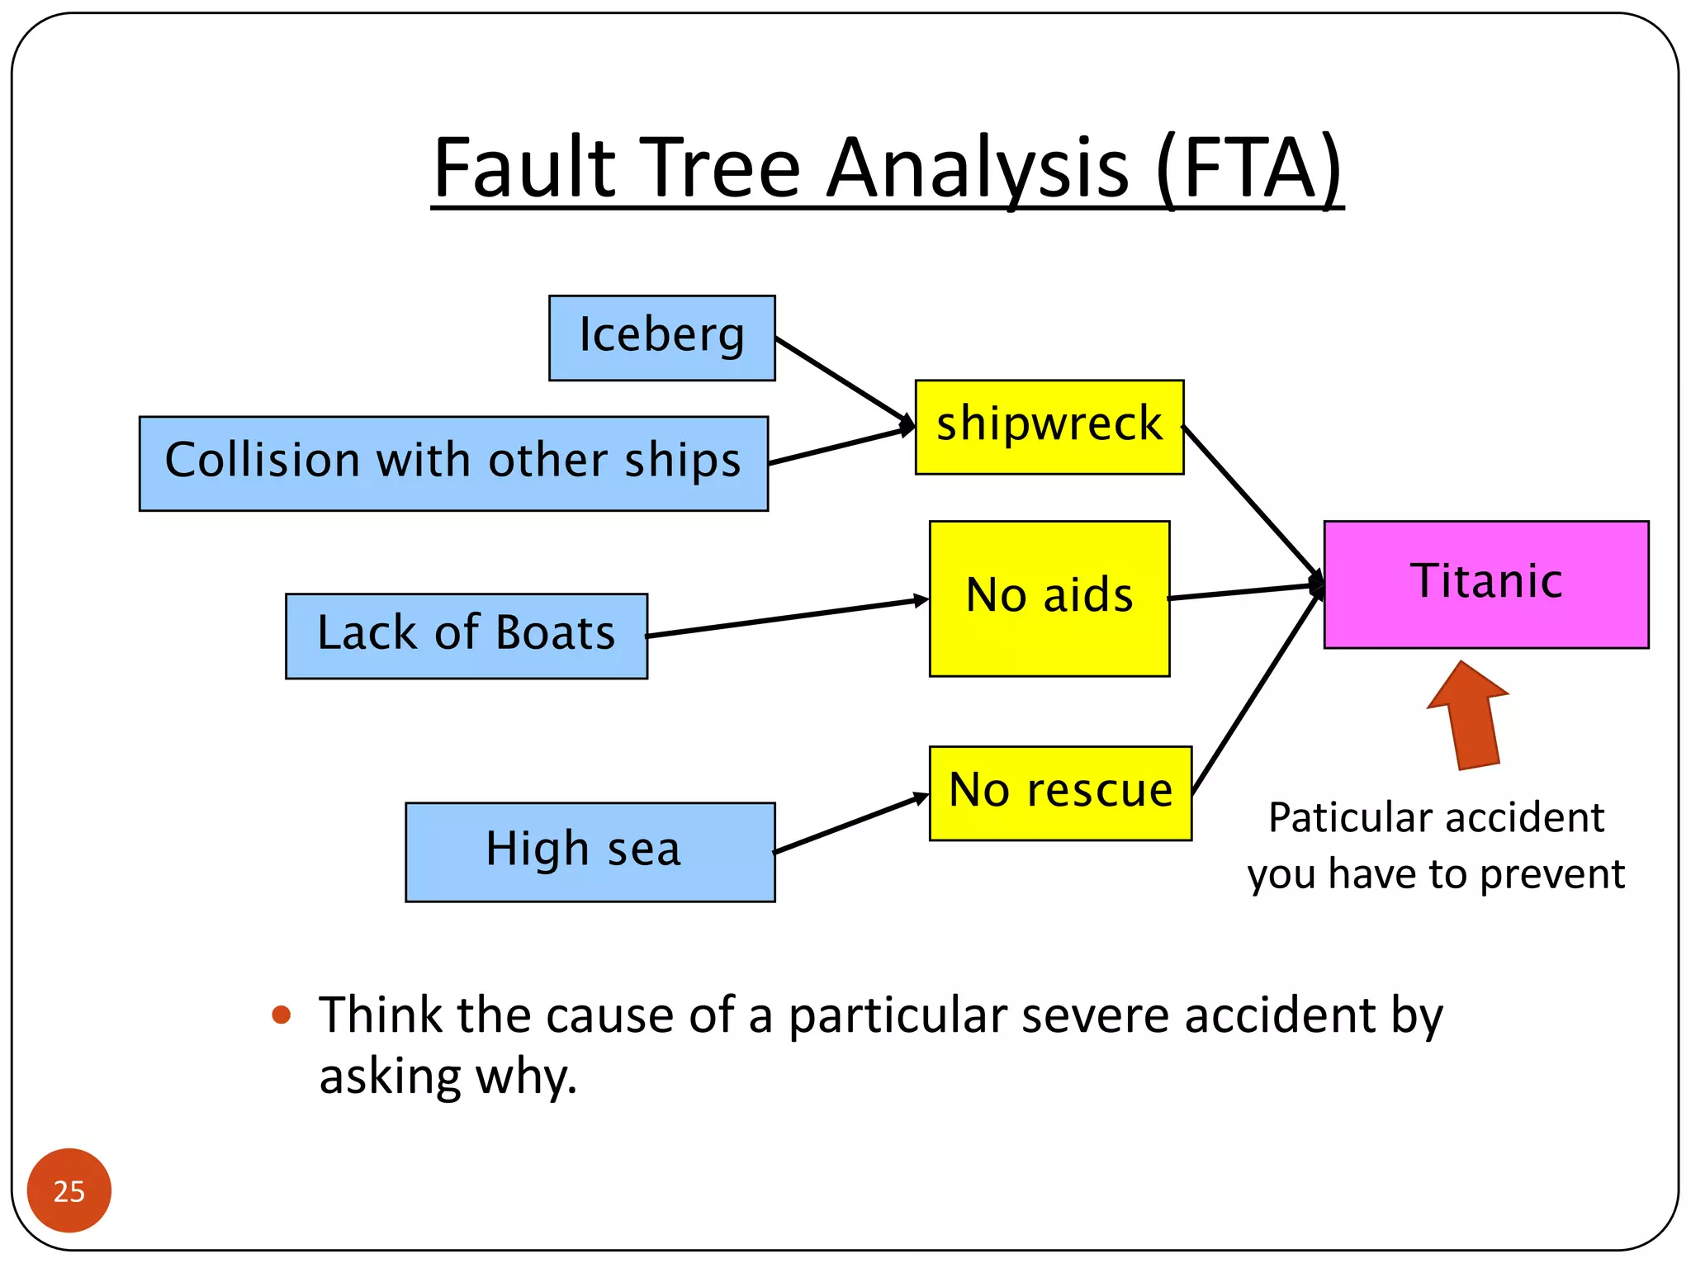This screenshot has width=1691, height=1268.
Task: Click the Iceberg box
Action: click(x=661, y=338)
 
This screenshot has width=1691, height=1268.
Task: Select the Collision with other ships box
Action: click(x=453, y=463)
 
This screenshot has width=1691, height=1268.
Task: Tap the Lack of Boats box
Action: click(x=467, y=636)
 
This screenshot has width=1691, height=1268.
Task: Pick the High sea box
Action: click(x=590, y=851)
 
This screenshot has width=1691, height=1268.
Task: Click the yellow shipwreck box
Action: click(x=1049, y=427)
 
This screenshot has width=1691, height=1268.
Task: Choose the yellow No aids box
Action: click(x=1049, y=598)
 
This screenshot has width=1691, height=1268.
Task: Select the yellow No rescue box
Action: click(x=1059, y=792)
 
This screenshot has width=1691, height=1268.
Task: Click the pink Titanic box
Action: click(x=1485, y=584)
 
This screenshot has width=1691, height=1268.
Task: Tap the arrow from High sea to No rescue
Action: click(x=850, y=823)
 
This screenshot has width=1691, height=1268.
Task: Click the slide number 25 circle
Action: click(x=69, y=1190)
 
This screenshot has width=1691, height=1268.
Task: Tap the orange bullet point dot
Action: click(x=282, y=1015)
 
